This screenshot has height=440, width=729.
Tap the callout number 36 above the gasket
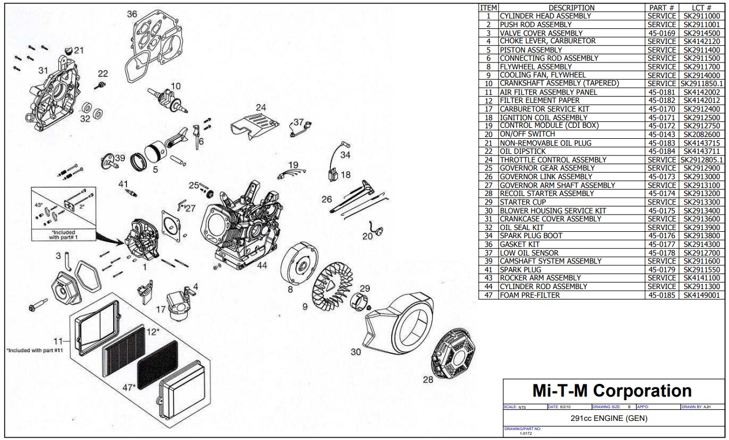click(132, 13)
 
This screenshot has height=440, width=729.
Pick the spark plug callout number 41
click(123, 184)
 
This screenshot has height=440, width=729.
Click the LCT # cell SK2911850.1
click(701, 83)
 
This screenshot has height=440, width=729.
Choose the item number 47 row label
click(488, 295)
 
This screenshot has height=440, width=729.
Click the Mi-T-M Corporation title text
click(612, 390)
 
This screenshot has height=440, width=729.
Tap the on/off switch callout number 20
click(367, 236)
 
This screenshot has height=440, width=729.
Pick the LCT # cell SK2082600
click(701, 134)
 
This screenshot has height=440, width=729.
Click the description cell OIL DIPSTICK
click(522, 151)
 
